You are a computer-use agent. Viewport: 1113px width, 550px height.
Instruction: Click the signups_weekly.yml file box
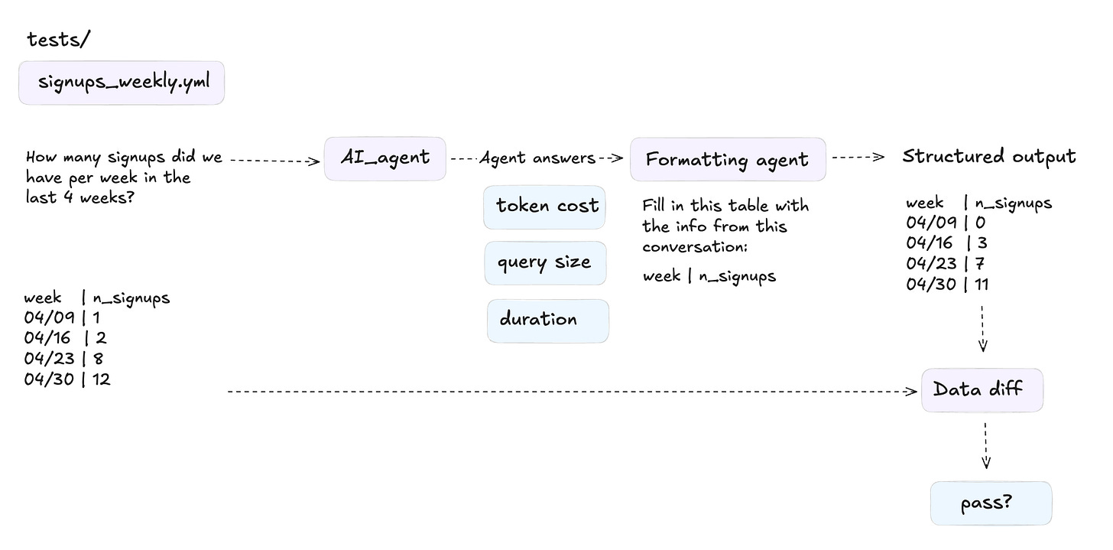click(x=122, y=83)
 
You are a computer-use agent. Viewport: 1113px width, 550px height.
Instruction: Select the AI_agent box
click(x=385, y=159)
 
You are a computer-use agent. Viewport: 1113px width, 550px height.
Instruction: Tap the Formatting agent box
click(x=727, y=160)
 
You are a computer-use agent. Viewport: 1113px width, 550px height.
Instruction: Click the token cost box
click(x=544, y=207)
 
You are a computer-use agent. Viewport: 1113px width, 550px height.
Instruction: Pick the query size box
click(x=544, y=263)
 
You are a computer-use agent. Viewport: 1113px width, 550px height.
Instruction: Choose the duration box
click(x=547, y=321)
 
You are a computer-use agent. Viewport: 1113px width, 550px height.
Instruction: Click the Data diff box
click(x=982, y=390)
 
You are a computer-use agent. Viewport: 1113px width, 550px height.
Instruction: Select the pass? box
click(x=990, y=503)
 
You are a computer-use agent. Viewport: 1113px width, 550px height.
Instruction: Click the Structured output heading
click(x=988, y=157)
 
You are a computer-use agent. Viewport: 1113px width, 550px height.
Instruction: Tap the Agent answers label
click(x=537, y=158)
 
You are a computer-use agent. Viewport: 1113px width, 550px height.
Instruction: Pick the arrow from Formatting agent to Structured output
click(x=858, y=158)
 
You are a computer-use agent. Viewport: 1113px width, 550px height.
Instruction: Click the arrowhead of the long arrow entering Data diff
click(x=912, y=392)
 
